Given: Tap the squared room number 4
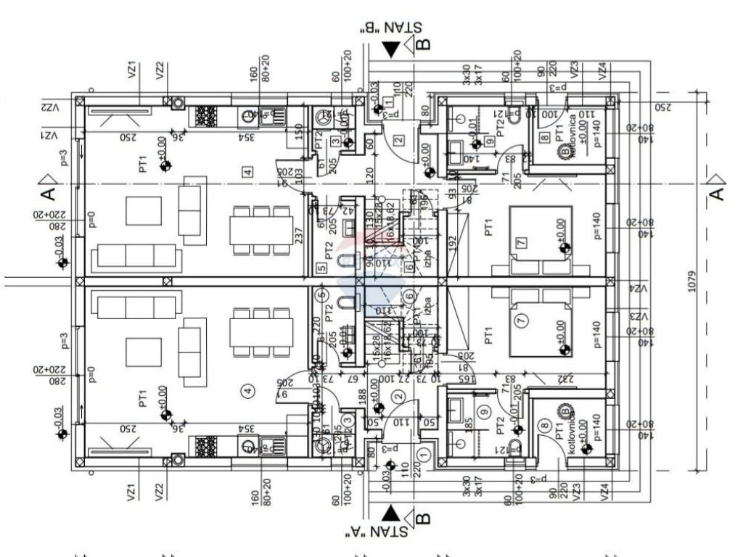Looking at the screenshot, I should (x=248, y=172).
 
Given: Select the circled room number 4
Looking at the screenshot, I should (x=249, y=391).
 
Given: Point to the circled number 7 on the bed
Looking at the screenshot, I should (x=520, y=320).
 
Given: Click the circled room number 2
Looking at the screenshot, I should (x=398, y=396).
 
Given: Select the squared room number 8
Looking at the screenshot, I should (x=543, y=137).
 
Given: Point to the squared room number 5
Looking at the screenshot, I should (x=321, y=268).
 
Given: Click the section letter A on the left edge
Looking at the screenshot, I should (x=46, y=194).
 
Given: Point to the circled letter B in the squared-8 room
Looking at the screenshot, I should (x=564, y=150).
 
